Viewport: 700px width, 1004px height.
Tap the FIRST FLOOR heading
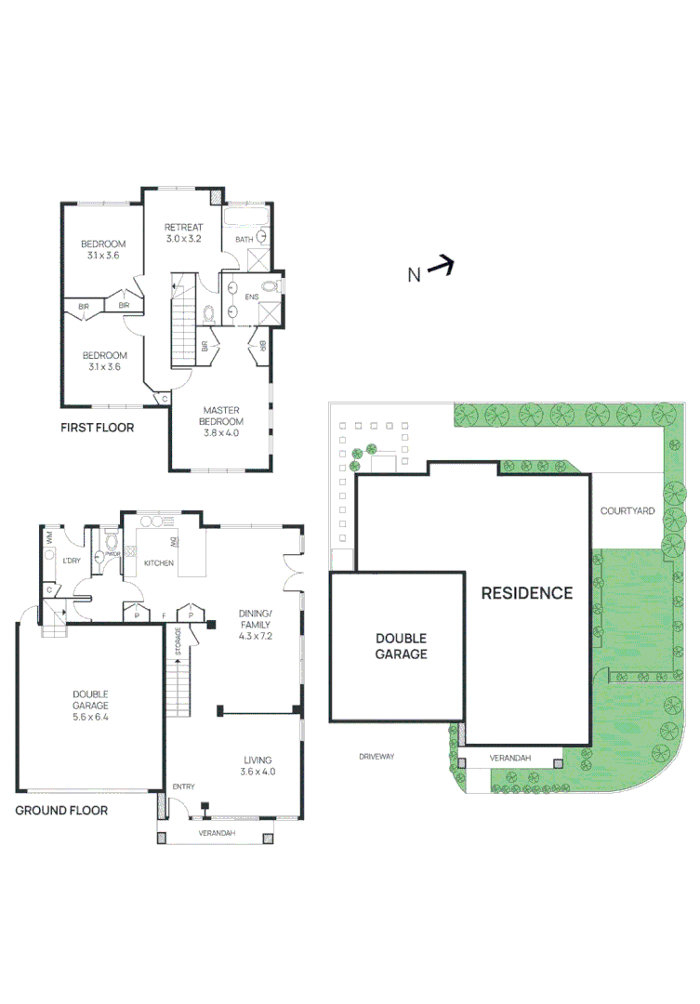tap(97, 428)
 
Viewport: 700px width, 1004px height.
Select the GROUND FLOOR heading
tap(61, 810)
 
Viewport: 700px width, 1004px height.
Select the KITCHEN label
tap(158, 562)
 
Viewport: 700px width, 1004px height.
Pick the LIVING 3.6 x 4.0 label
tap(258, 765)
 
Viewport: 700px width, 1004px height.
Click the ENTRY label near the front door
tap(183, 786)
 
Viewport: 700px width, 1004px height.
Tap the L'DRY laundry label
tap(72, 561)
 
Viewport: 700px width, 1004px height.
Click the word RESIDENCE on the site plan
tap(526, 593)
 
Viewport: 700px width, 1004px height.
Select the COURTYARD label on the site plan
tap(627, 510)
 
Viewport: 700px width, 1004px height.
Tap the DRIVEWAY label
tap(376, 757)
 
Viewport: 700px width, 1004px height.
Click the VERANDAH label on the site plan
tap(510, 759)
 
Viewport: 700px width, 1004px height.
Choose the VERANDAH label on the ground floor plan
tap(216, 833)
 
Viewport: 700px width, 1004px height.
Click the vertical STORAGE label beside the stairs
tap(177, 641)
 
